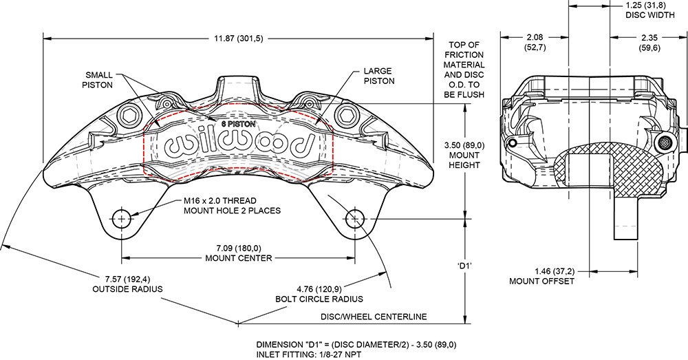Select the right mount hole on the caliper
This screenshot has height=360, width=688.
pos(355,220)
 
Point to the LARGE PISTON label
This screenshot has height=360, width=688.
pos(378,76)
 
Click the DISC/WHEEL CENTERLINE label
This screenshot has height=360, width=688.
pos(374,317)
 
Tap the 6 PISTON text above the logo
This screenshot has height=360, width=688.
pos(238,123)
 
